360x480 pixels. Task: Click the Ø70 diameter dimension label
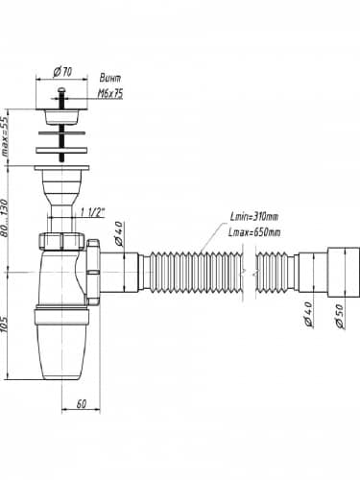click(62, 72)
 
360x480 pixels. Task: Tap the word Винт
click(109, 78)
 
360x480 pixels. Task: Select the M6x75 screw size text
click(110, 94)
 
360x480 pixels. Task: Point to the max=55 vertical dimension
click(4, 136)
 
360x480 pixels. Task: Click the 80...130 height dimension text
click(4, 218)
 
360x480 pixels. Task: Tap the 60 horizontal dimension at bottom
click(82, 404)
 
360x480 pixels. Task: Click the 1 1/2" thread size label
click(92, 213)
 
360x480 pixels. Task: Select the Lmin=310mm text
click(254, 217)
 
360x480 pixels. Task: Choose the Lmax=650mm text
click(254, 232)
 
